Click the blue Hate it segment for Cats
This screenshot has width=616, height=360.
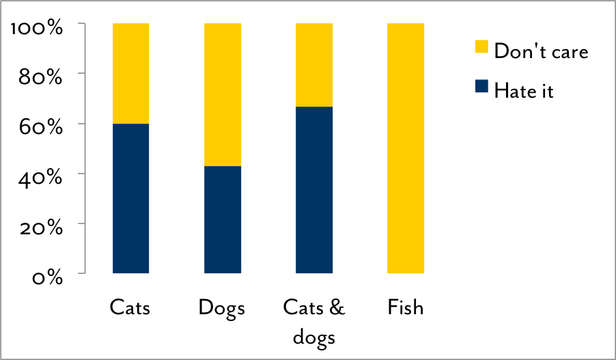click(130, 198)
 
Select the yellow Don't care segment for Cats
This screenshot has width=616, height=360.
click(130, 73)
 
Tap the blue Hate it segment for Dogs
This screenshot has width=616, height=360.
click(223, 219)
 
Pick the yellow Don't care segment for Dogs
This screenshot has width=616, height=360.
click(223, 94)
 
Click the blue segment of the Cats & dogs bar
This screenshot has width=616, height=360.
click(314, 190)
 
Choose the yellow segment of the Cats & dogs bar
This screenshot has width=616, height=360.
click(314, 65)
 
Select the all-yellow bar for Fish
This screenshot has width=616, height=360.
click(406, 148)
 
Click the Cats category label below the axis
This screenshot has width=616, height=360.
click(130, 308)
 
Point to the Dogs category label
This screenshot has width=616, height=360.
click(222, 308)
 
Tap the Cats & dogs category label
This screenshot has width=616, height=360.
click(314, 322)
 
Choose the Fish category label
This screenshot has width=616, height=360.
click(406, 308)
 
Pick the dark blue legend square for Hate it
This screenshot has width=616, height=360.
click(481, 86)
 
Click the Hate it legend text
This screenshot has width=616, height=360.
click(524, 91)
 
